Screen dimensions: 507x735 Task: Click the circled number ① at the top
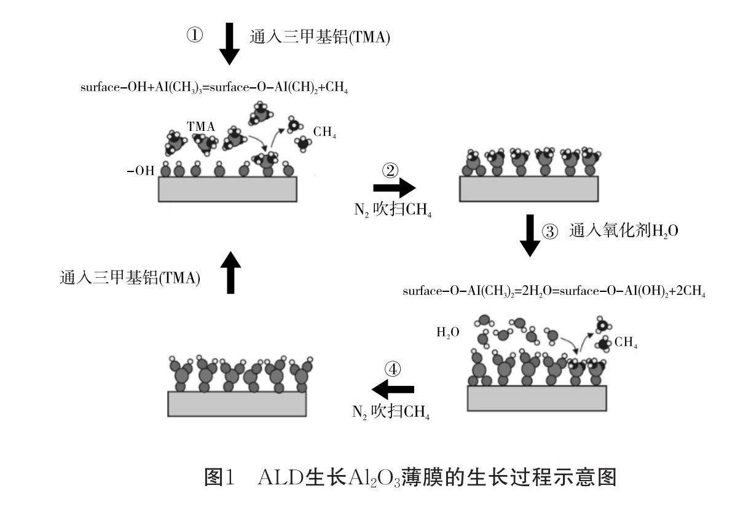[x=195, y=36]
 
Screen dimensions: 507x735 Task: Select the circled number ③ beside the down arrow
[x=550, y=232]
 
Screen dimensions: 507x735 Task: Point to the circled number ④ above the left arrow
[x=393, y=369]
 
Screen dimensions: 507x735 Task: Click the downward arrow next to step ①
[x=229, y=44]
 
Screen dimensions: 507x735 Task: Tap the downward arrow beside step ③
[x=530, y=235]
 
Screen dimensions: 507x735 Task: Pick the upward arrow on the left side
[x=230, y=272]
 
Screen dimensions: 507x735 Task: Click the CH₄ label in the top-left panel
[x=324, y=132]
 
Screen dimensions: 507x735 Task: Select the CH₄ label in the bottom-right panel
[x=626, y=344]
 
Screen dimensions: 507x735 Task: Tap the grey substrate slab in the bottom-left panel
[x=237, y=404]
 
